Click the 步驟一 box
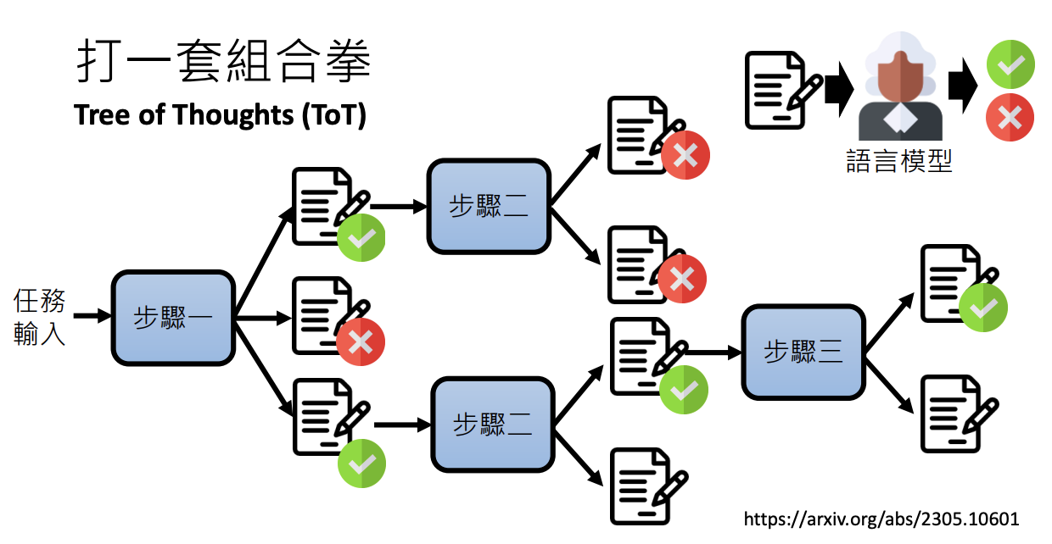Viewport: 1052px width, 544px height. pyautogui.click(x=173, y=318)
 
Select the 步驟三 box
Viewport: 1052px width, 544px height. pyautogui.click(x=803, y=352)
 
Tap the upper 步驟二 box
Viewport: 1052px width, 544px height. pyautogui.click(x=489, y=207)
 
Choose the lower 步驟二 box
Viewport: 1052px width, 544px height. pyautogui.click(x=493, y=425)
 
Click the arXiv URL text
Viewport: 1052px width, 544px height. pyautogui.click(x=881, y=519)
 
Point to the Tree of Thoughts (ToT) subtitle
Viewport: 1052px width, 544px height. pyautogui.click(x=220, y=115)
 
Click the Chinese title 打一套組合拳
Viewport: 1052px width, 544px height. pyautogui.click(x=224, y=61)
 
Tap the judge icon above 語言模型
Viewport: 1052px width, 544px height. pyautogui.click(x=900, y=86)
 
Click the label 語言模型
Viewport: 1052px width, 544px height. pyautogui.click(x=899, y=161)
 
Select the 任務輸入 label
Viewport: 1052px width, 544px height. pyautogui.click(x=39, y=317)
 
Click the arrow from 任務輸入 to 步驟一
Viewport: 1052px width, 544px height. pyautogui.click(x=92, y=315)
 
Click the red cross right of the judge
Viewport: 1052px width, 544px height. pyautogui.click(x=1010, y=117)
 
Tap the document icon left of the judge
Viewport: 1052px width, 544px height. pyautogui.click(x=783, y=90)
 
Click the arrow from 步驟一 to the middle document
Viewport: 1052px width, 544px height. pyautogui.click(x=264, y=319)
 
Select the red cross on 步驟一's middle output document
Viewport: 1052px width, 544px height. pyautogui.click(x=361, y=341)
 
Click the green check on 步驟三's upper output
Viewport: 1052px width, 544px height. pyautogui.click(x=983, y=308)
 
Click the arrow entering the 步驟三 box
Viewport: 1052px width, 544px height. pyautogui.click(x=713, y=352)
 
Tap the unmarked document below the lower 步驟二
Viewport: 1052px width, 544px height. pyautogui.click(x=649, y=486)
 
